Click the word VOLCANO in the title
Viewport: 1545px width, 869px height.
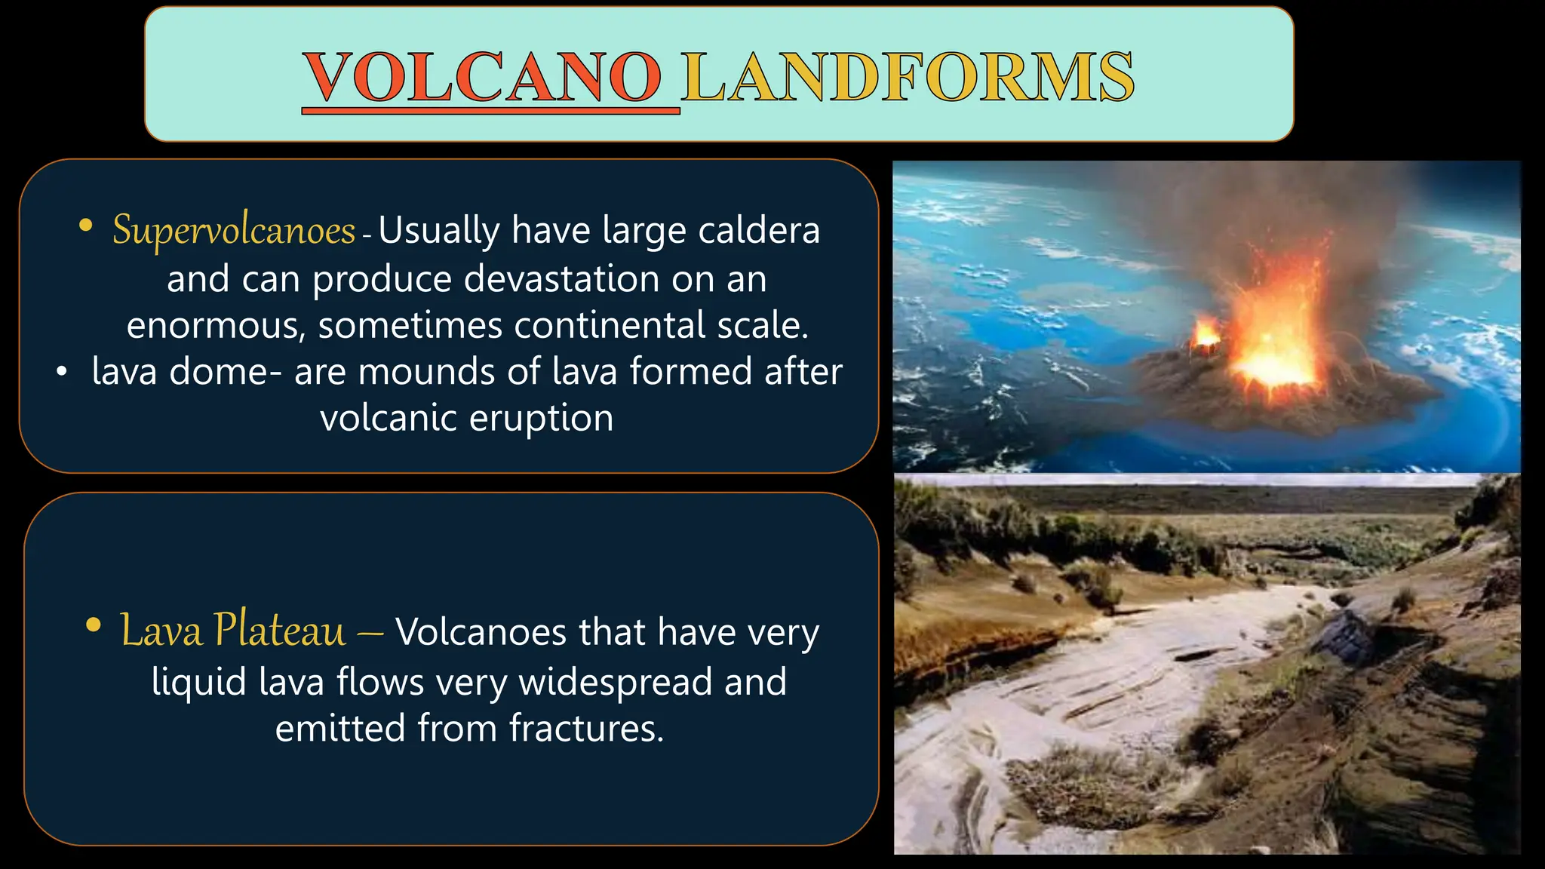coord(483,77)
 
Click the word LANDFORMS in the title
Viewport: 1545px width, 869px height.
coord(908,77)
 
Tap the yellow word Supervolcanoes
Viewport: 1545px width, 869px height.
coord(234,230)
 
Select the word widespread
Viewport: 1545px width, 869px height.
coord(615,681)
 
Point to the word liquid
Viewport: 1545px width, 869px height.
coord(199,683)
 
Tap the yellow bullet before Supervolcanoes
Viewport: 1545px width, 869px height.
coord(86,225)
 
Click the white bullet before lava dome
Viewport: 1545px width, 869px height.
coord(62,371)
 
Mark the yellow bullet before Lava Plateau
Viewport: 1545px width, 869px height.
coord(94,625)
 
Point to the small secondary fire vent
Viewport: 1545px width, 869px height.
coord(1206,333)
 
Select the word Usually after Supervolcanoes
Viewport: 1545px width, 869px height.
coord(438,230)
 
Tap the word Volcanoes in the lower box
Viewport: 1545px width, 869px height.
coord(480,632)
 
